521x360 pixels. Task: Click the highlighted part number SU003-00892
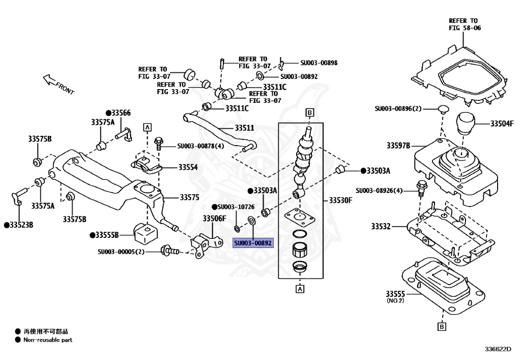[253, 243]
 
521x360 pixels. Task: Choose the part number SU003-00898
[319, 63]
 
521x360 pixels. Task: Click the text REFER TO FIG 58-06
[465, 24]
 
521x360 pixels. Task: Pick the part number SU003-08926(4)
[380, 190]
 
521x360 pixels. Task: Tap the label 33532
[381, 226]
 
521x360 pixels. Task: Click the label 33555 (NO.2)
[395, 296]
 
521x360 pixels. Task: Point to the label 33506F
[214, 218]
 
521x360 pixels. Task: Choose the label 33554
[188, 167]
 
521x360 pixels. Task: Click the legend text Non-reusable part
[48, 340]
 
